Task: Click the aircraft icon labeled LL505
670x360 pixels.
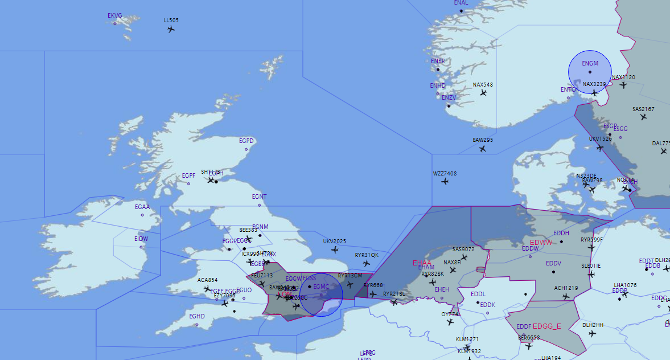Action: pyautogui.click(x=171, y=28)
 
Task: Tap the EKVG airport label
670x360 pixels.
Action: pyautogui.click(x=115, y=16)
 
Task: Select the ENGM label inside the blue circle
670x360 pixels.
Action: pyautogui.click(x=590, y=63)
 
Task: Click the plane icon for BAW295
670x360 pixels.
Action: pyautogui.click(x=483, y=149)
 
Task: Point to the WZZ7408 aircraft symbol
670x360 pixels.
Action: pyautogui.click(x=445, y=182)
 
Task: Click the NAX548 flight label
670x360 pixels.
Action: pyautogui.click(x=483, y=85)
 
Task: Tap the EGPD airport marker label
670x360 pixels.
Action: pyautogui.click(x=246, y=141)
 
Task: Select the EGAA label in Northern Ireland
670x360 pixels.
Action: pyautogui.click(x=142, y=207)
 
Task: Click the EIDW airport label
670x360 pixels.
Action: pyautogui.click(x=141, y=239)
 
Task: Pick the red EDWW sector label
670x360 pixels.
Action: pyautogui.click(x=541, y=243)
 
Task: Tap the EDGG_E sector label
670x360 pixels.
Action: pyautogui.click(x=546, y=326)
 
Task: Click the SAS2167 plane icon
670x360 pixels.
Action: pyautogui.click(x=643, y=117)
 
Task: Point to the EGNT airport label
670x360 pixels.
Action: pyautogui.click(x=259, y=197)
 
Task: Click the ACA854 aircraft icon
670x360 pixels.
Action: pyautogui.click(x=208, y=289)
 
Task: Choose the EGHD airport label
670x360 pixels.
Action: pyautogui.click(x=197, y=317)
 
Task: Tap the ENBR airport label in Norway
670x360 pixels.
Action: pyautogui.click(x=438, y=61)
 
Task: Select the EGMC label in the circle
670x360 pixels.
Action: pyautogui.click(x=321, y=287)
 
